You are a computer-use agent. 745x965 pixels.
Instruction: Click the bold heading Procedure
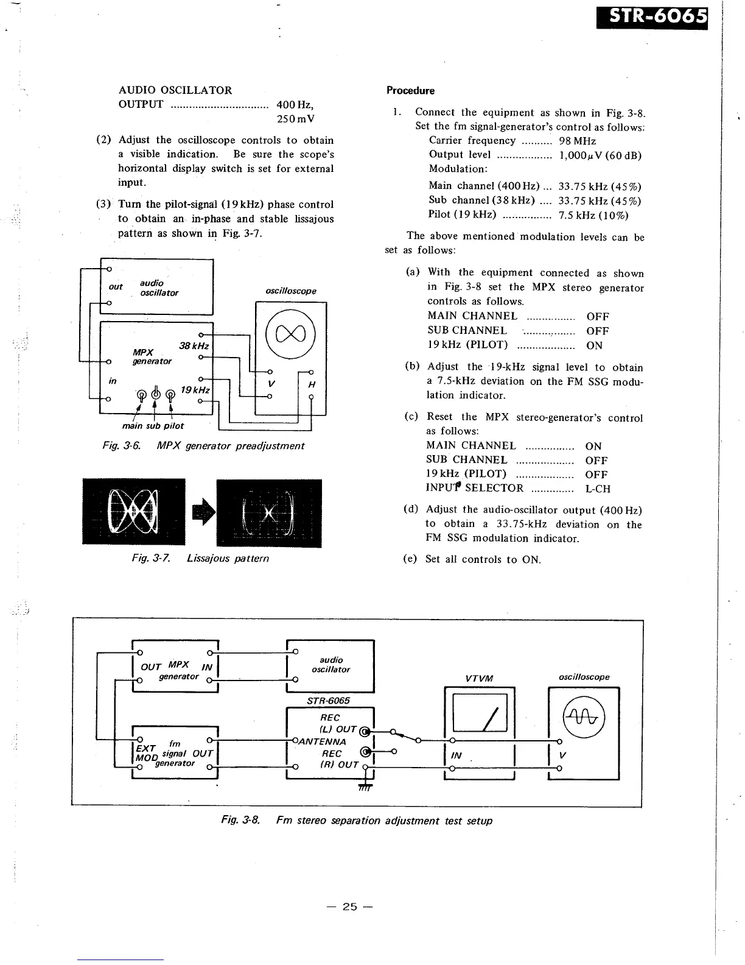coord(410,91)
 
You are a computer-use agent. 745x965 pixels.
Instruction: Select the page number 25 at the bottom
coord(349,907)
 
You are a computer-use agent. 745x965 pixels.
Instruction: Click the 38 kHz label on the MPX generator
coord(194,346)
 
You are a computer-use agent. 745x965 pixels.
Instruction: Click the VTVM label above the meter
coord(479,679)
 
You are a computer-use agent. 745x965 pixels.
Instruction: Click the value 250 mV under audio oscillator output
coord(295,119)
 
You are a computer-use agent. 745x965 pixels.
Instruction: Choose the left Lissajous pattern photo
coord(133,512)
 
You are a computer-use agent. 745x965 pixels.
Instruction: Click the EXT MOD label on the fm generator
coord(146,753)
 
